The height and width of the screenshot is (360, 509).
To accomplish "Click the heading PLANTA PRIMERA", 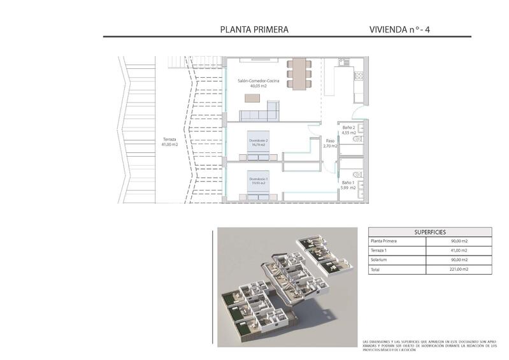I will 254,29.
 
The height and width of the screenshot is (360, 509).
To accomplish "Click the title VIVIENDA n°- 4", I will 404,29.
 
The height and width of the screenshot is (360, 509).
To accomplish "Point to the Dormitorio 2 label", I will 258,142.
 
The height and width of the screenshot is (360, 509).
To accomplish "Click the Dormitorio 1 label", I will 258,181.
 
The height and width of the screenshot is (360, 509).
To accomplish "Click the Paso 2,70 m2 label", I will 330,143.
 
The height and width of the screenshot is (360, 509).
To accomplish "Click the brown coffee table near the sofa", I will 253,98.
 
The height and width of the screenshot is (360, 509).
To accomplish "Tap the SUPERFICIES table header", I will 430,232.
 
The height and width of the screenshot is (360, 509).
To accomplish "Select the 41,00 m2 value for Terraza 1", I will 459,251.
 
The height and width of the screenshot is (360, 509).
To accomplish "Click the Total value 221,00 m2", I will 459,270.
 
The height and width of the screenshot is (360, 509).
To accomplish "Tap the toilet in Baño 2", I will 357,138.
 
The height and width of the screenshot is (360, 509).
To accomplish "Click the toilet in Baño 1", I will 357,174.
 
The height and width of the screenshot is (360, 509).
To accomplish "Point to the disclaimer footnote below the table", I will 429,345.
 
